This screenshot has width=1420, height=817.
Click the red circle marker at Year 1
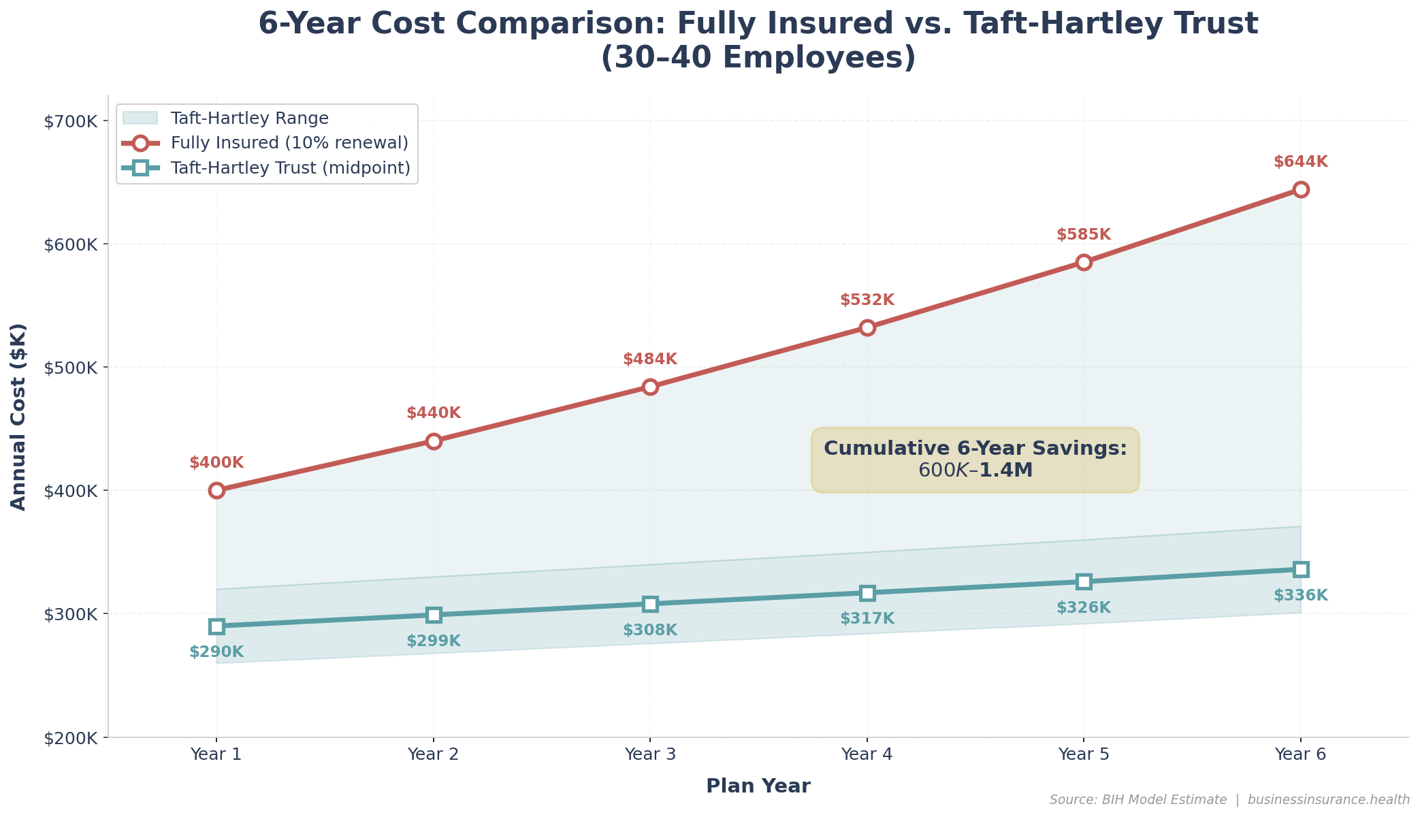pos(216,490)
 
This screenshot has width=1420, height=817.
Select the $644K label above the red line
pos(1300,162)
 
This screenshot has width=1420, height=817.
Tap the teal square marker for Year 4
pos(867,593)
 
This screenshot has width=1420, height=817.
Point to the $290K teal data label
pos(216,652)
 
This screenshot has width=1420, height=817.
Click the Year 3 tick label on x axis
pos(650,754)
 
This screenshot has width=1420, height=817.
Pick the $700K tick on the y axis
pos(71,122)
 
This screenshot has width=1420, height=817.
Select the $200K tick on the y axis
pos(71,738)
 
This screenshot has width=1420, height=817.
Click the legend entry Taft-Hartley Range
pos(249,118)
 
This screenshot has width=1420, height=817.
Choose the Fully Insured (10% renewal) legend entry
pos(289,143)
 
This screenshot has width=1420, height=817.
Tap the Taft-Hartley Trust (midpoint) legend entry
pos(291,167)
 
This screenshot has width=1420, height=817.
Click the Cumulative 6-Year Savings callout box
pos(975,460)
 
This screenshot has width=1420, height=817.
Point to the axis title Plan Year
pos(758,786)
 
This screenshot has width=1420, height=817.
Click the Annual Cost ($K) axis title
pos(18,417)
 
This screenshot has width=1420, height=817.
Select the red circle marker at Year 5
pos(1084,262)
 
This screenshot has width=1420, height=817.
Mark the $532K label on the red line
pos(867,300)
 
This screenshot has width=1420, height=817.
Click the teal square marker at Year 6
pos(1301,569)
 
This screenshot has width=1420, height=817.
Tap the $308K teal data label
pos(650,630)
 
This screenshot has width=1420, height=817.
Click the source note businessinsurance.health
pos(1328,800)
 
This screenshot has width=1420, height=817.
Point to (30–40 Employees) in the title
pos(758,58)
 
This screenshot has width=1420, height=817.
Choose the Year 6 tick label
pos(1300,754)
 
